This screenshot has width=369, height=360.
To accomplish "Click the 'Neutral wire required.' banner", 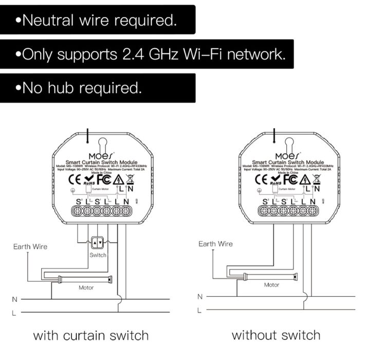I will (98, 20).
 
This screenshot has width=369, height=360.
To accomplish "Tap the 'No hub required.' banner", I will (98, 88).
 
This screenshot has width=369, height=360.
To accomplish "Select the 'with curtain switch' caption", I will (91, 336).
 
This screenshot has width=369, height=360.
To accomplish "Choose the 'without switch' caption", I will (276, 335).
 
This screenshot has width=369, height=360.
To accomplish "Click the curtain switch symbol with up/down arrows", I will (98, 242).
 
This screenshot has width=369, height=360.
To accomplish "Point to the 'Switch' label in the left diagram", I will (98, 255).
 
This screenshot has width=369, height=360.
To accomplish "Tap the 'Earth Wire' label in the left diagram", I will (30, 246).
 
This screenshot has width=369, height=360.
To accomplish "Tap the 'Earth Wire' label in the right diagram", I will (215, 244).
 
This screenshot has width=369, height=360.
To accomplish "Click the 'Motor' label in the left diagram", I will (86, 287).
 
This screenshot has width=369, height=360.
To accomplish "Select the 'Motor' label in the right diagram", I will (271, 284).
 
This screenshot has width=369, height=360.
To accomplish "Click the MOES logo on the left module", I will (99, 155).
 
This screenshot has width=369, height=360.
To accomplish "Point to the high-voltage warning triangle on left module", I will (118, 179).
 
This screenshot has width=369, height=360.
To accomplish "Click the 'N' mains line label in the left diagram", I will (14, 299).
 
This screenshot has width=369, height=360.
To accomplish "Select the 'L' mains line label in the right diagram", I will (199, 310).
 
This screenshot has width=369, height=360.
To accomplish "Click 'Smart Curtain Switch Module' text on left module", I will (99, 162).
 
